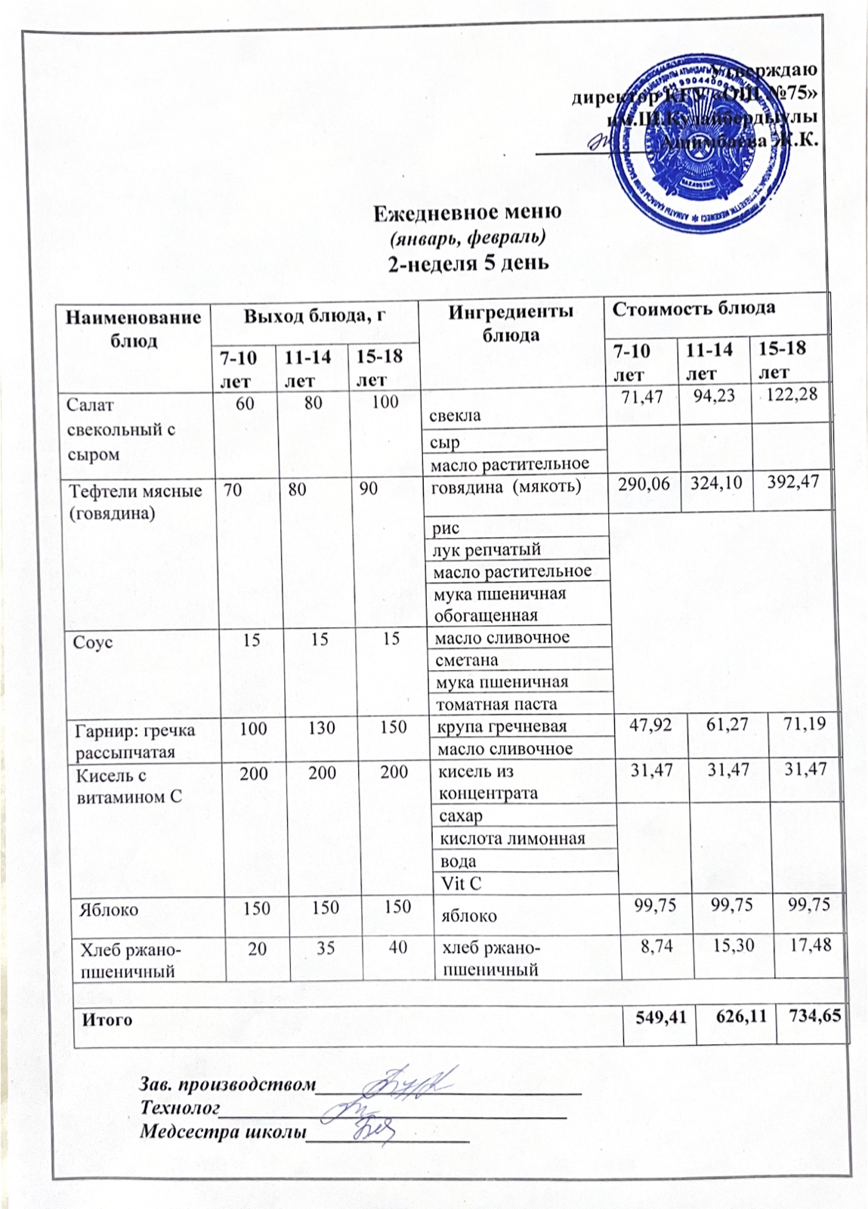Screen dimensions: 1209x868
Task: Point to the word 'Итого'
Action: [107, 1019]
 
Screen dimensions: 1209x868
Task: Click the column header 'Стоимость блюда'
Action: [693, 308]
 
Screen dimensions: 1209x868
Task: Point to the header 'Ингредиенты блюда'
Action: [511, 323]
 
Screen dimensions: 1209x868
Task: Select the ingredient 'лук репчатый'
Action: [487, 549]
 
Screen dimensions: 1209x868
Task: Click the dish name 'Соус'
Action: [92, 642]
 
